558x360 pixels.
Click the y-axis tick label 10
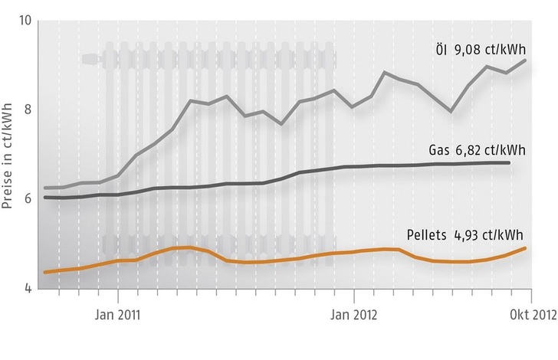tap(23, 19)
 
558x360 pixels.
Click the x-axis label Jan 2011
tap(118, 313)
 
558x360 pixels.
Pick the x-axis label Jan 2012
tap(353, 313)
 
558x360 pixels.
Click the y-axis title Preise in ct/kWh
tap(10, 153)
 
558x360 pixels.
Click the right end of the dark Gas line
tap(509, 162)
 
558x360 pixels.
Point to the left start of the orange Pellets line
tap(45, 272)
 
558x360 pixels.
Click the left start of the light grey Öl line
tap(45, 188)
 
